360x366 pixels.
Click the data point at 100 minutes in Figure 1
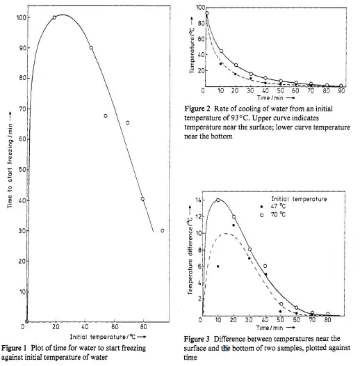(54, 17)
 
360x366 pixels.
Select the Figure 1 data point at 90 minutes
(91, 48)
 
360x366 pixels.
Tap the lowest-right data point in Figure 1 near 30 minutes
(163, 230)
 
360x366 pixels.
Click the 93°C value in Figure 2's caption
(259, 119)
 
